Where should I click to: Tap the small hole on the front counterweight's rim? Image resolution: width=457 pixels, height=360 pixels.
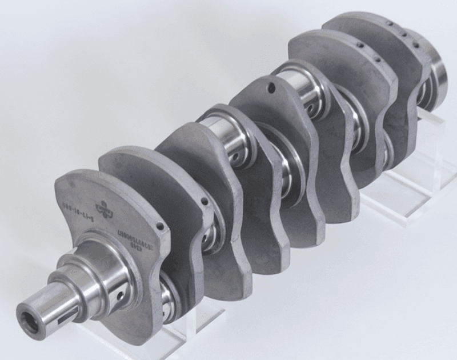(x=161, y=227)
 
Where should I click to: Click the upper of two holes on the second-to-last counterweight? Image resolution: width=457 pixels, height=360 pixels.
(x=360, y=44)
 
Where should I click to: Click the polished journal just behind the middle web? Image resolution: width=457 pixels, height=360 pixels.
(x=303, y=91)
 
